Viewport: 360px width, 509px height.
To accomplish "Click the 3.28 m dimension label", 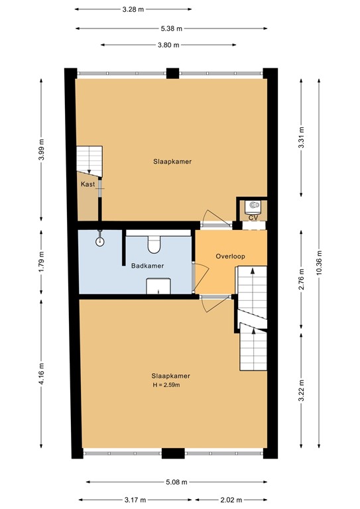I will tap(133, 10).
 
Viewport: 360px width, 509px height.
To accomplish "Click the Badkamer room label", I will tap(147, 266).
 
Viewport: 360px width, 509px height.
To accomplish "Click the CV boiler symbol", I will tap(253, 206).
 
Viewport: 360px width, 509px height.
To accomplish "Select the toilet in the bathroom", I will tap(155, 245).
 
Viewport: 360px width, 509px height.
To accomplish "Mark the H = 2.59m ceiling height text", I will tap(166, 384).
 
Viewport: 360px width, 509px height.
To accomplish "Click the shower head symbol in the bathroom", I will tap(101, 240).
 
